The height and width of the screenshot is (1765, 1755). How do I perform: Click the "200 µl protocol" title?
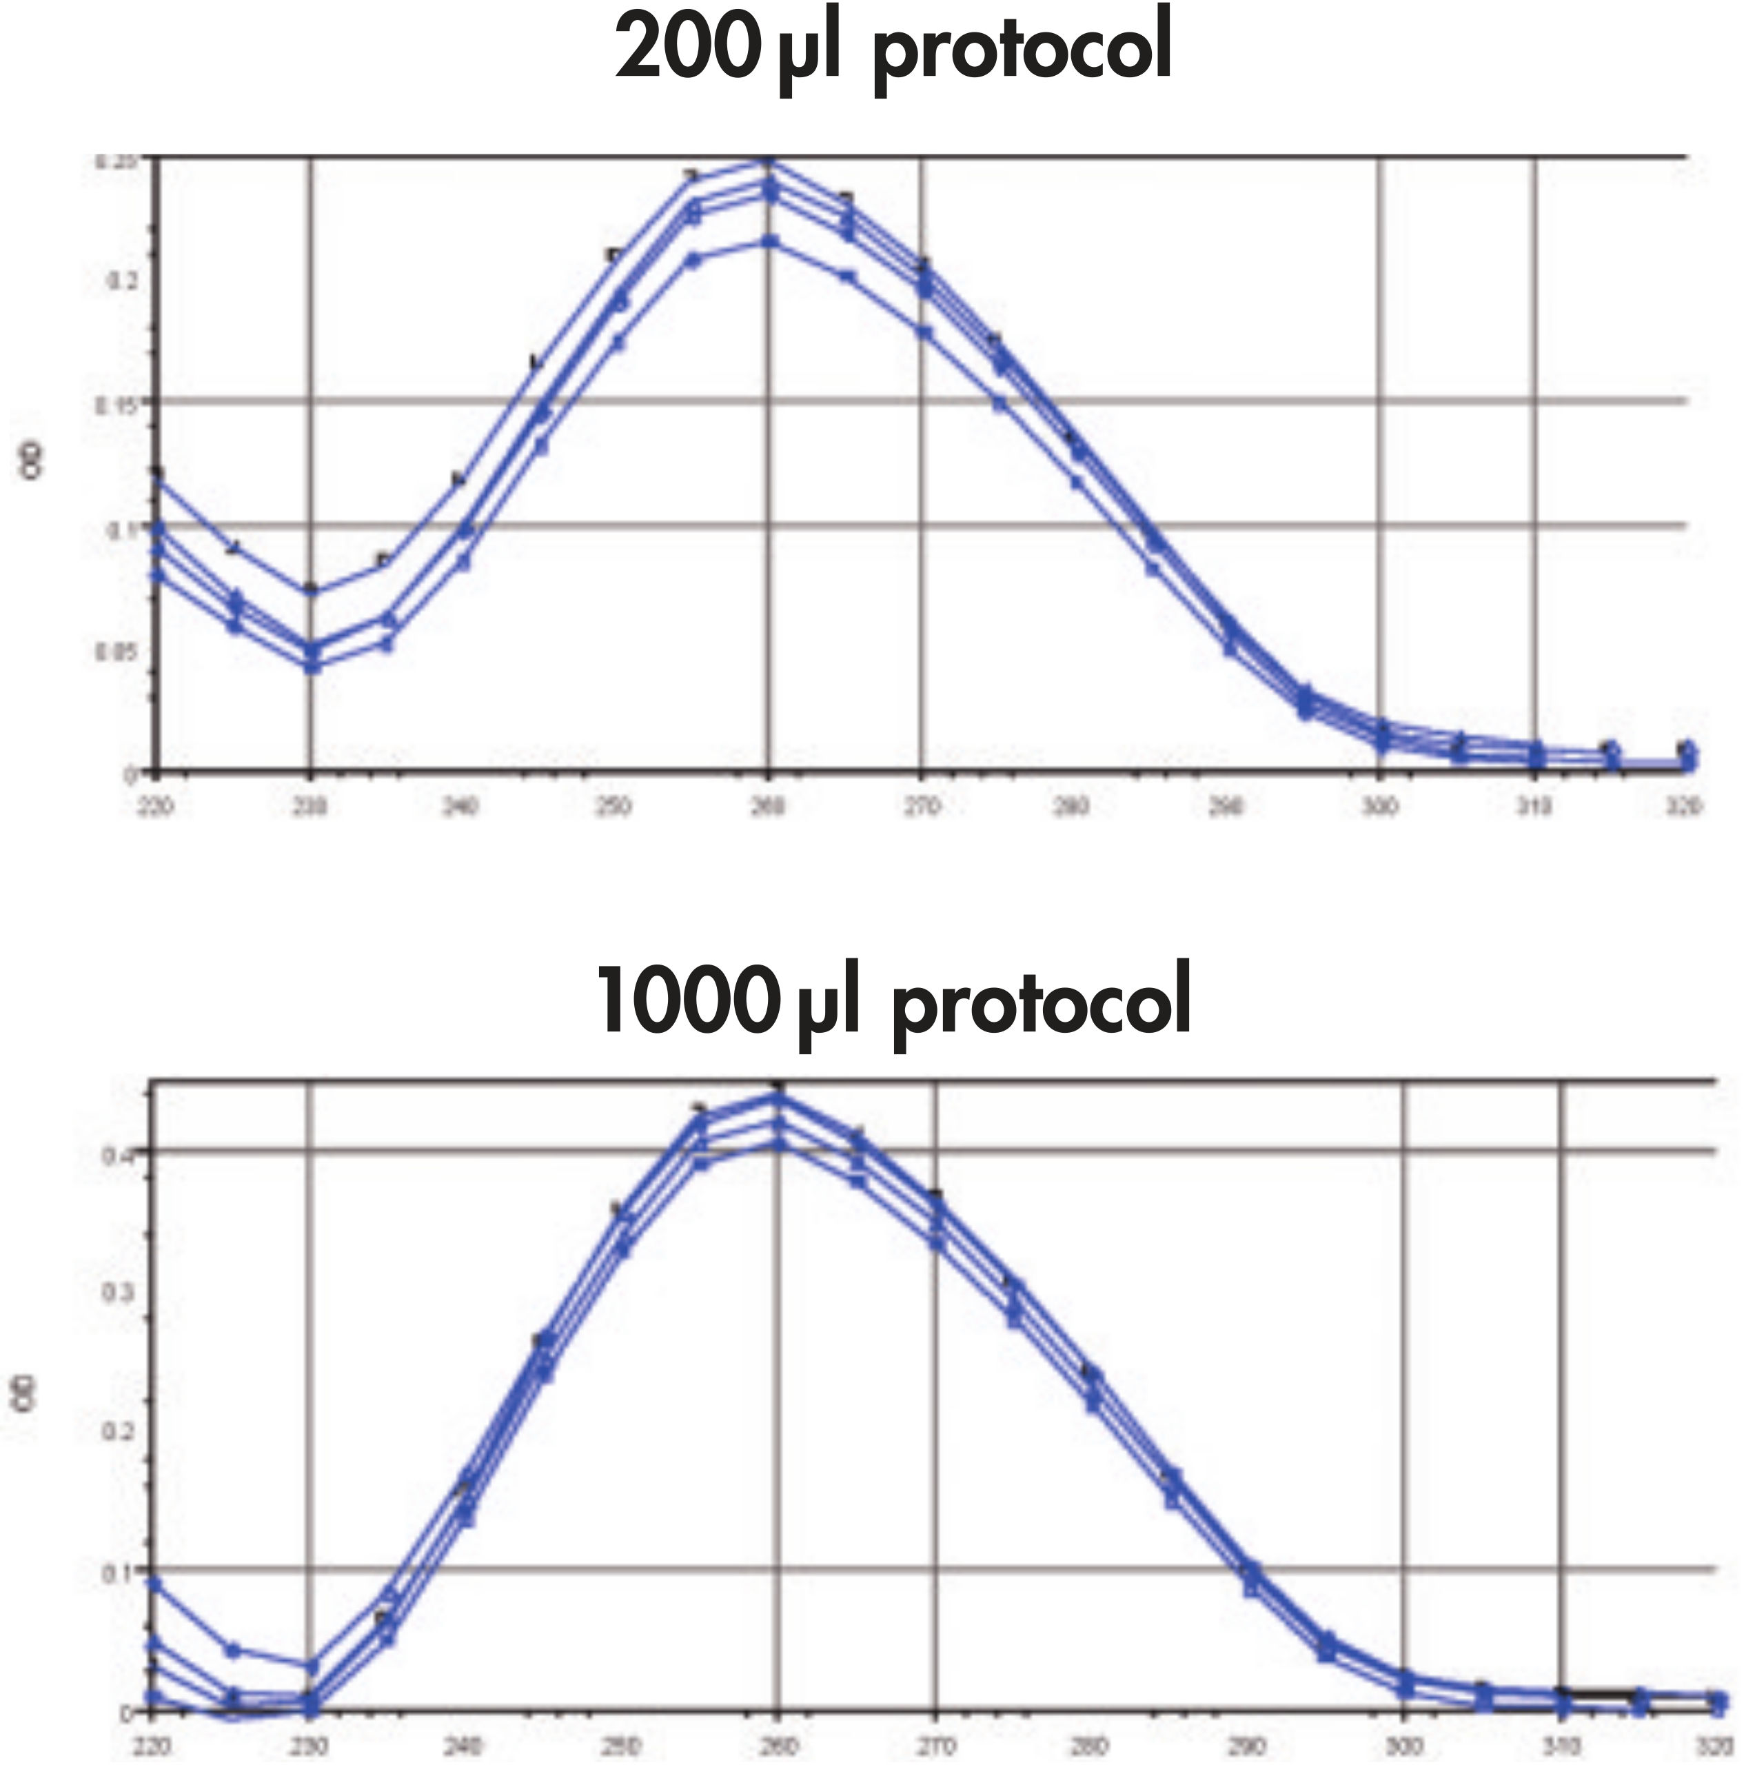[893, 50]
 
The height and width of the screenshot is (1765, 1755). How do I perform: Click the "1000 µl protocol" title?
[893, 1000]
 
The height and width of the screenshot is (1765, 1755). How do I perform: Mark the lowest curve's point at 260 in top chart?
[769, 241]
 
